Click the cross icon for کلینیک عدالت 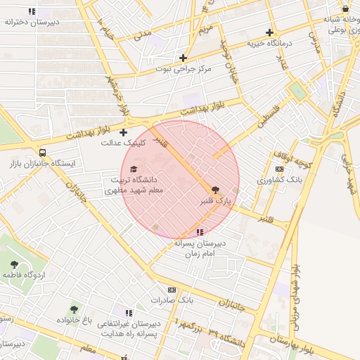point(124,132)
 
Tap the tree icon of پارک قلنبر point(215,189)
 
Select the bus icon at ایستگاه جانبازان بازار point(44,153)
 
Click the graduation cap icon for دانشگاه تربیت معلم point(134,169)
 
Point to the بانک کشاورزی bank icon point(280,169)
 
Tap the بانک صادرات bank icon point(172,290)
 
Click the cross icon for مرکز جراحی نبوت point(184,58)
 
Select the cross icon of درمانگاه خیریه point(270,32)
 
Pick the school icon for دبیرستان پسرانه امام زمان point(200,232)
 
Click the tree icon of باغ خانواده point(75,309)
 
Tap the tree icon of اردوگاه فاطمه point(14,264)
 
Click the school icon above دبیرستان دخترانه point(31,11)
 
